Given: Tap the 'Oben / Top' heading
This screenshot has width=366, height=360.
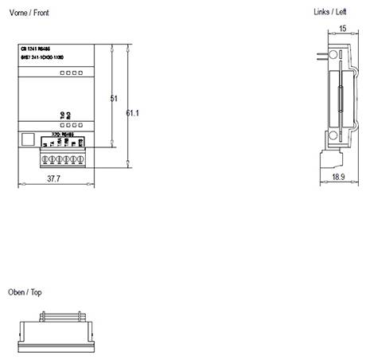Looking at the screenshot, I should (x=25, y=292).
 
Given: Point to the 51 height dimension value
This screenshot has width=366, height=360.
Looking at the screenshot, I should (x=113, y=99).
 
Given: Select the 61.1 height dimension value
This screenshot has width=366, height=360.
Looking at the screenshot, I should (x=133, y=113).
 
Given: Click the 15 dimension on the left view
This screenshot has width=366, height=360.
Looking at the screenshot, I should (x=342, y=29).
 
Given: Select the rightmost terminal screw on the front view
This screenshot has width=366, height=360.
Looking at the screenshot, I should (x=80, y=156).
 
